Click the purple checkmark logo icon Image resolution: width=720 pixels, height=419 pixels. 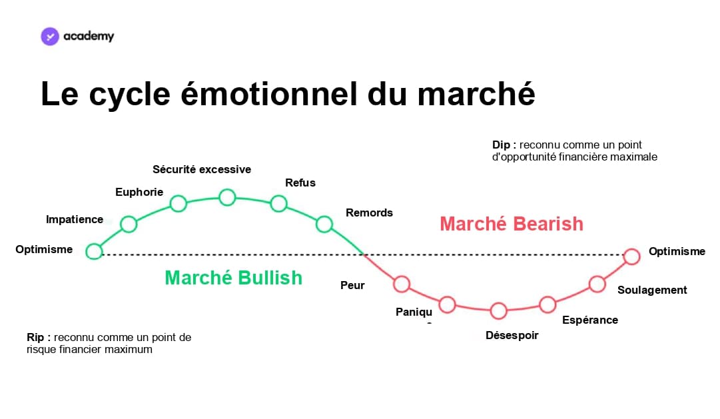[x=50, y=36]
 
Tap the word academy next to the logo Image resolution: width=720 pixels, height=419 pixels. [x=89, y=36]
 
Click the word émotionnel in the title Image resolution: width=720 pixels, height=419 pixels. [x=268, y=94]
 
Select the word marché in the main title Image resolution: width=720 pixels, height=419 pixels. [x=476, y=94]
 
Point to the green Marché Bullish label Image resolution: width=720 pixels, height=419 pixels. [x=233, y=278]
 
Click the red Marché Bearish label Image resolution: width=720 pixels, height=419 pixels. [x=512, y=224]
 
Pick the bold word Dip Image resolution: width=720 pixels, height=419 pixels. [x=502, y=145]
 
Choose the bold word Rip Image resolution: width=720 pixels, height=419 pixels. [x=35, y=337]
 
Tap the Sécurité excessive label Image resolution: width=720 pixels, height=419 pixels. [x=202, y=169]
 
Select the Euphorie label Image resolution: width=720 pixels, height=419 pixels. [x=139, y=192]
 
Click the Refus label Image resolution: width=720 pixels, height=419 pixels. [x=300, y=183]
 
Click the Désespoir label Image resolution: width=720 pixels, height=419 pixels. [x=512, y=335]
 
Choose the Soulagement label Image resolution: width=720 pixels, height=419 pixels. [x=652, y=290]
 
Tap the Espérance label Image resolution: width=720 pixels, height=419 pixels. [x=590, y=320]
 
